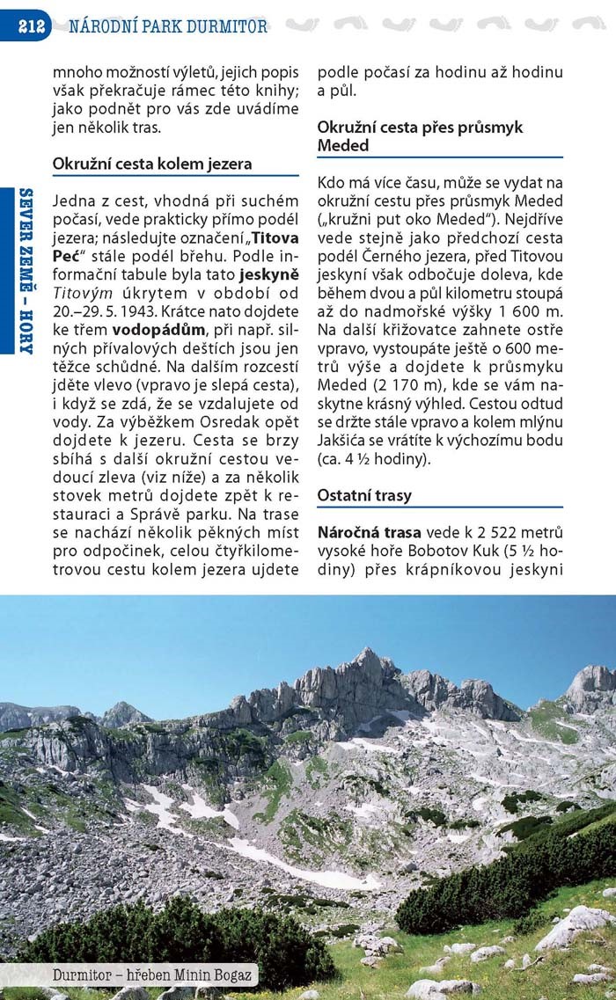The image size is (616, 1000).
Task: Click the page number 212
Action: tap(32, 26)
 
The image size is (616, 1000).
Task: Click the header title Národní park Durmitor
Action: tap(167, 26)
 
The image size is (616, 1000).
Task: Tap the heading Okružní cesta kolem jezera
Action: tap(152, 164)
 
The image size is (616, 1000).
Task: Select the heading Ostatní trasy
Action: tap(364, 495)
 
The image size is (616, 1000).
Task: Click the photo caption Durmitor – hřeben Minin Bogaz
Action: tap(153, 974)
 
